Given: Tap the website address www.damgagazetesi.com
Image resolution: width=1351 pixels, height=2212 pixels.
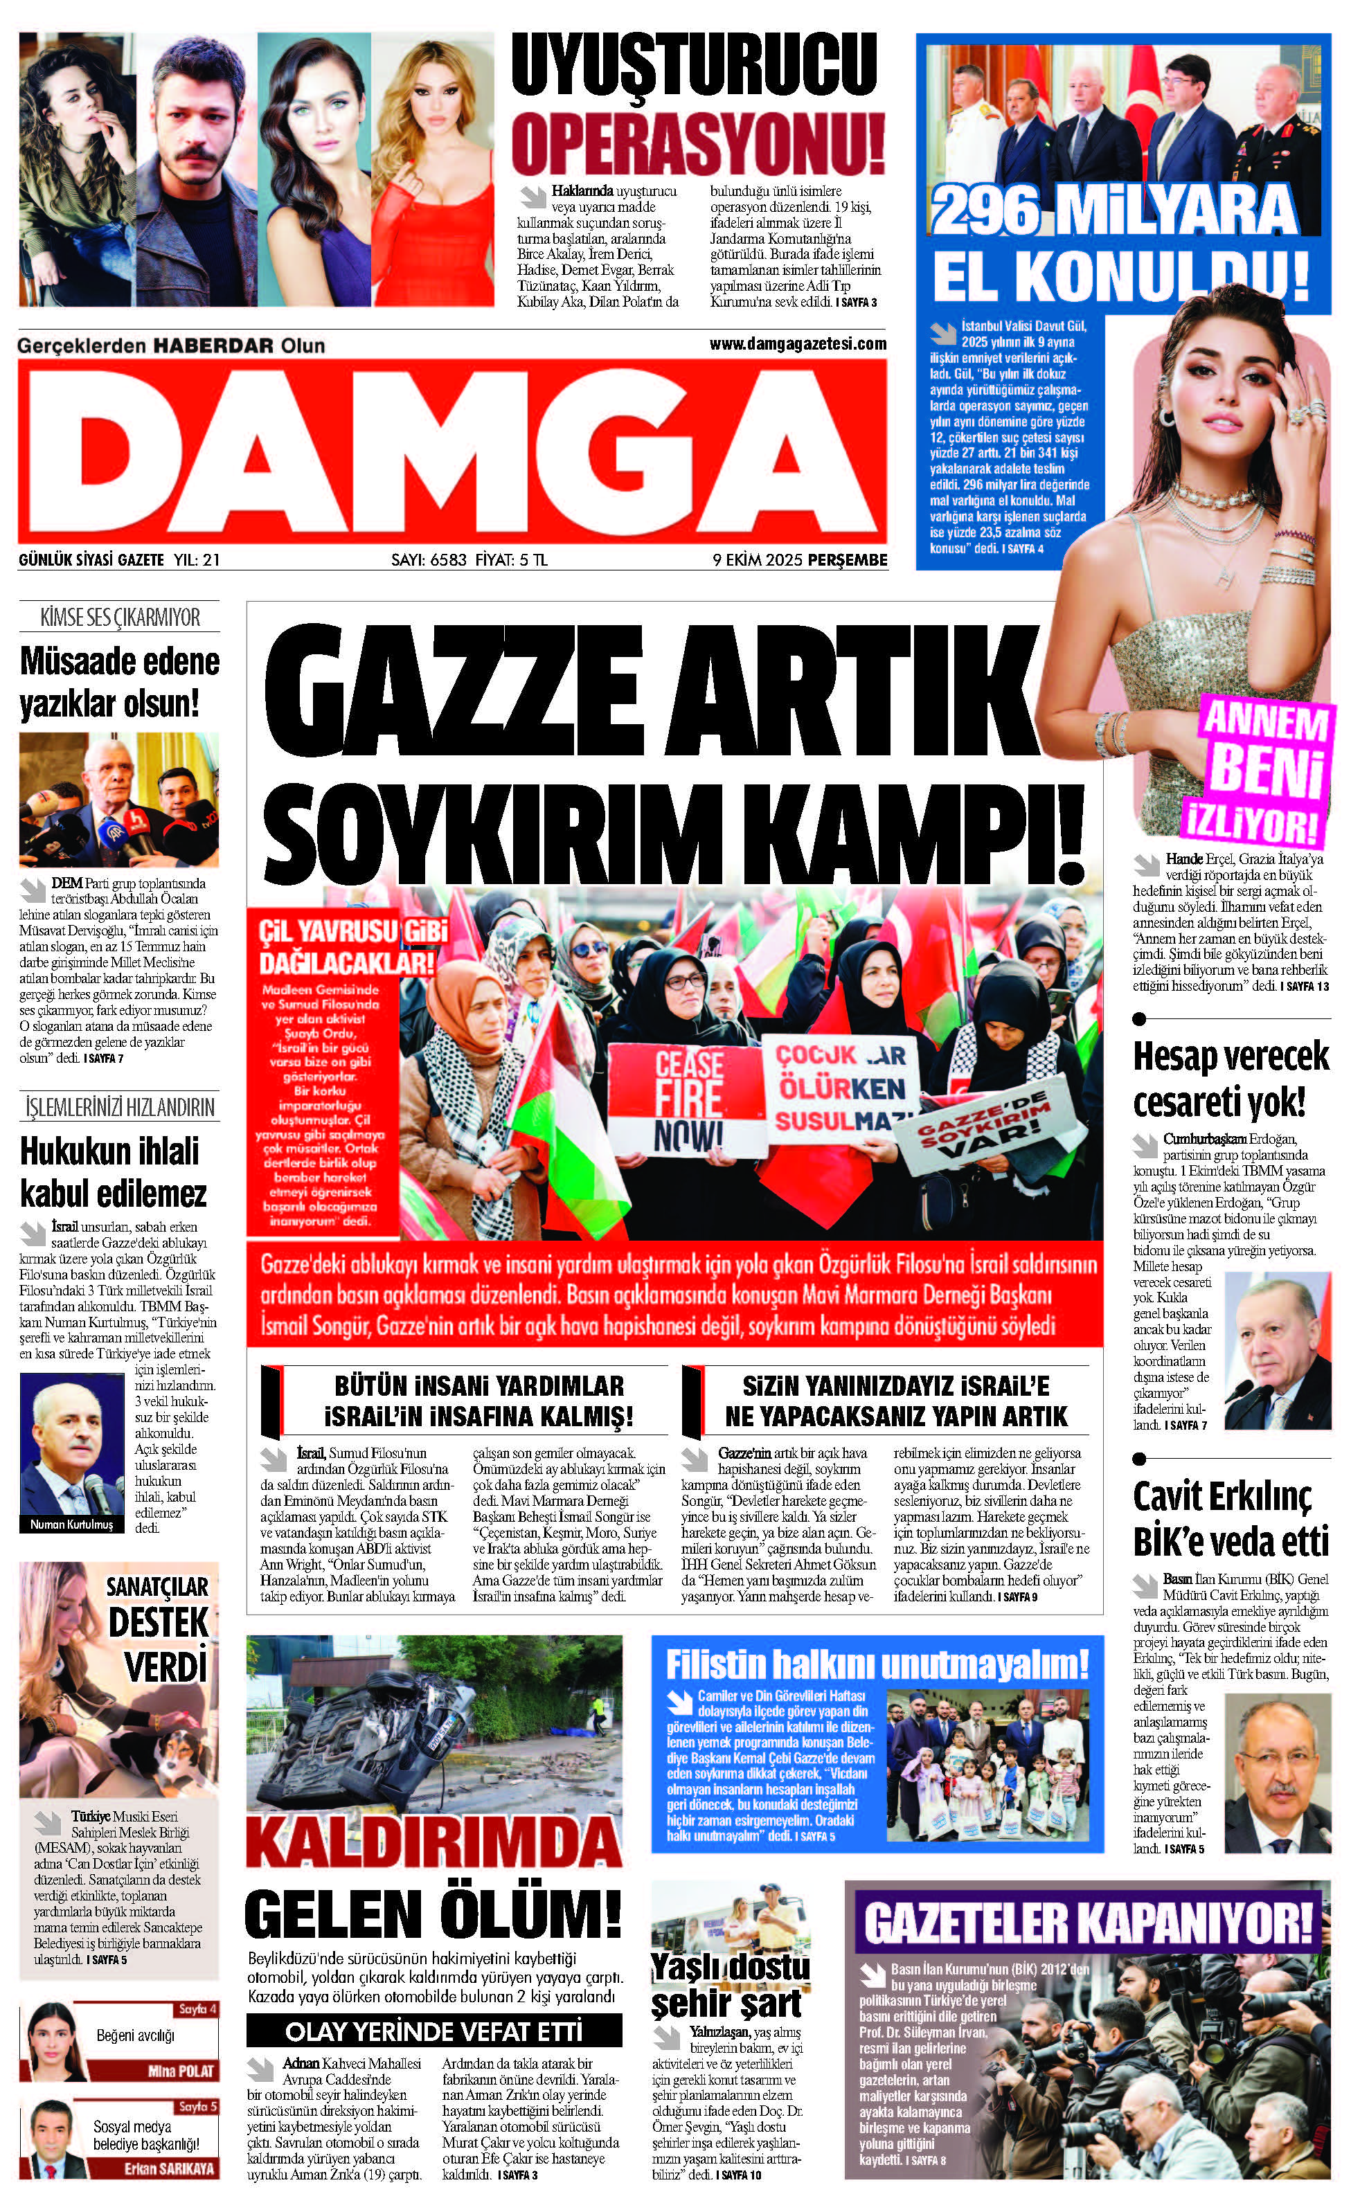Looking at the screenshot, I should click(x=797, y=344).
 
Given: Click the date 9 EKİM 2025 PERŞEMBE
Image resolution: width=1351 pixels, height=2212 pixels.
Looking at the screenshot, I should click(x=799, y=560).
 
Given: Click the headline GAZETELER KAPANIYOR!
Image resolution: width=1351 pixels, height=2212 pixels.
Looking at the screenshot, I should click(x=1087, y=1924).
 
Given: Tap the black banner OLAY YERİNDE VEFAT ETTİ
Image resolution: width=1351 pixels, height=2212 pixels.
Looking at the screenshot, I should click(x=433, y=2031).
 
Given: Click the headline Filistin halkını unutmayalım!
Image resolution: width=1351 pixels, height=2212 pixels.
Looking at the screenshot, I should click(x=876, y=1664).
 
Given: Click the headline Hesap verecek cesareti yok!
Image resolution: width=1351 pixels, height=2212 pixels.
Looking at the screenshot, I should click(x=1230, y=1078).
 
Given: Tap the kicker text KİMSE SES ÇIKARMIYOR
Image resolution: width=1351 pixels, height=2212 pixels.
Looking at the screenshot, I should click(x=119, y=618).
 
